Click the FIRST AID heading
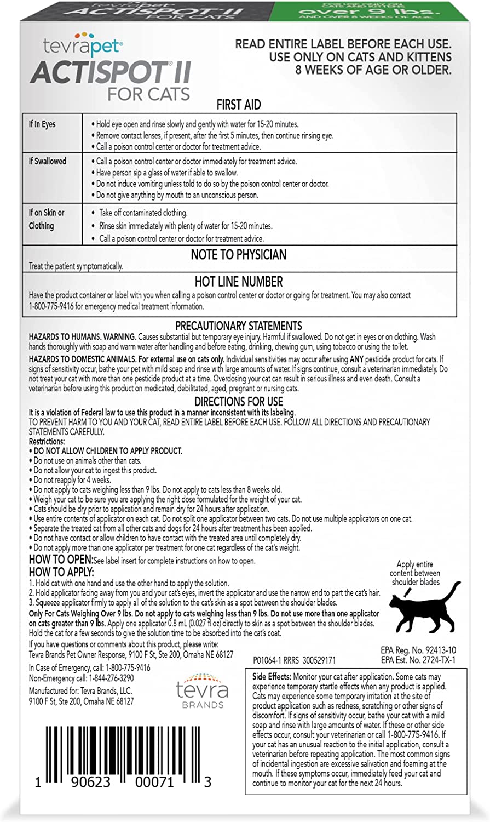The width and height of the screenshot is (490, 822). [238, 104]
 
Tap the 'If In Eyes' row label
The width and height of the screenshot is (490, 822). [42, 124]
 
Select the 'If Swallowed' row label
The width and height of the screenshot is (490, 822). [47, 161]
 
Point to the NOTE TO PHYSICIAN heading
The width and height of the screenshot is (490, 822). [238, 254]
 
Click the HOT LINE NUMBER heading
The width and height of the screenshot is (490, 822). [239, 282]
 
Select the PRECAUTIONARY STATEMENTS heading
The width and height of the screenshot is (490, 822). [238, 326]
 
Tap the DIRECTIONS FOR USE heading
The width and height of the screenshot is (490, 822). [238, 402]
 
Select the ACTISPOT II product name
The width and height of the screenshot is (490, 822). [110, 71]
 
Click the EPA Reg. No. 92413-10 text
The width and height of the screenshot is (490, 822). [418, 650]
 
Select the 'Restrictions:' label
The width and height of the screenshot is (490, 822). [47, 441]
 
